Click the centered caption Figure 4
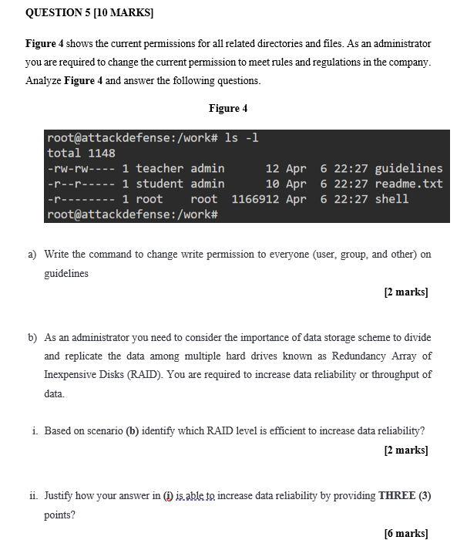tap(228, 108)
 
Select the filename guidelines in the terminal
tap(408, 168)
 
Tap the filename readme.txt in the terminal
tap(408, 184)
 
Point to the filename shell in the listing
tap(391, 199)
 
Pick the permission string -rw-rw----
tap(81, 168)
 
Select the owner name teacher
tap(160, 168)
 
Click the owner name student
tap(160, 184)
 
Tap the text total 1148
tap(81, 153)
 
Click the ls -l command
tap(241, 138)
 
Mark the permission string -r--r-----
tap(81, 184)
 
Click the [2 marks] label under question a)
tap(405, 292)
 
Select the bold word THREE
tap(398, 495)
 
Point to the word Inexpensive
tap(72, 375)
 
